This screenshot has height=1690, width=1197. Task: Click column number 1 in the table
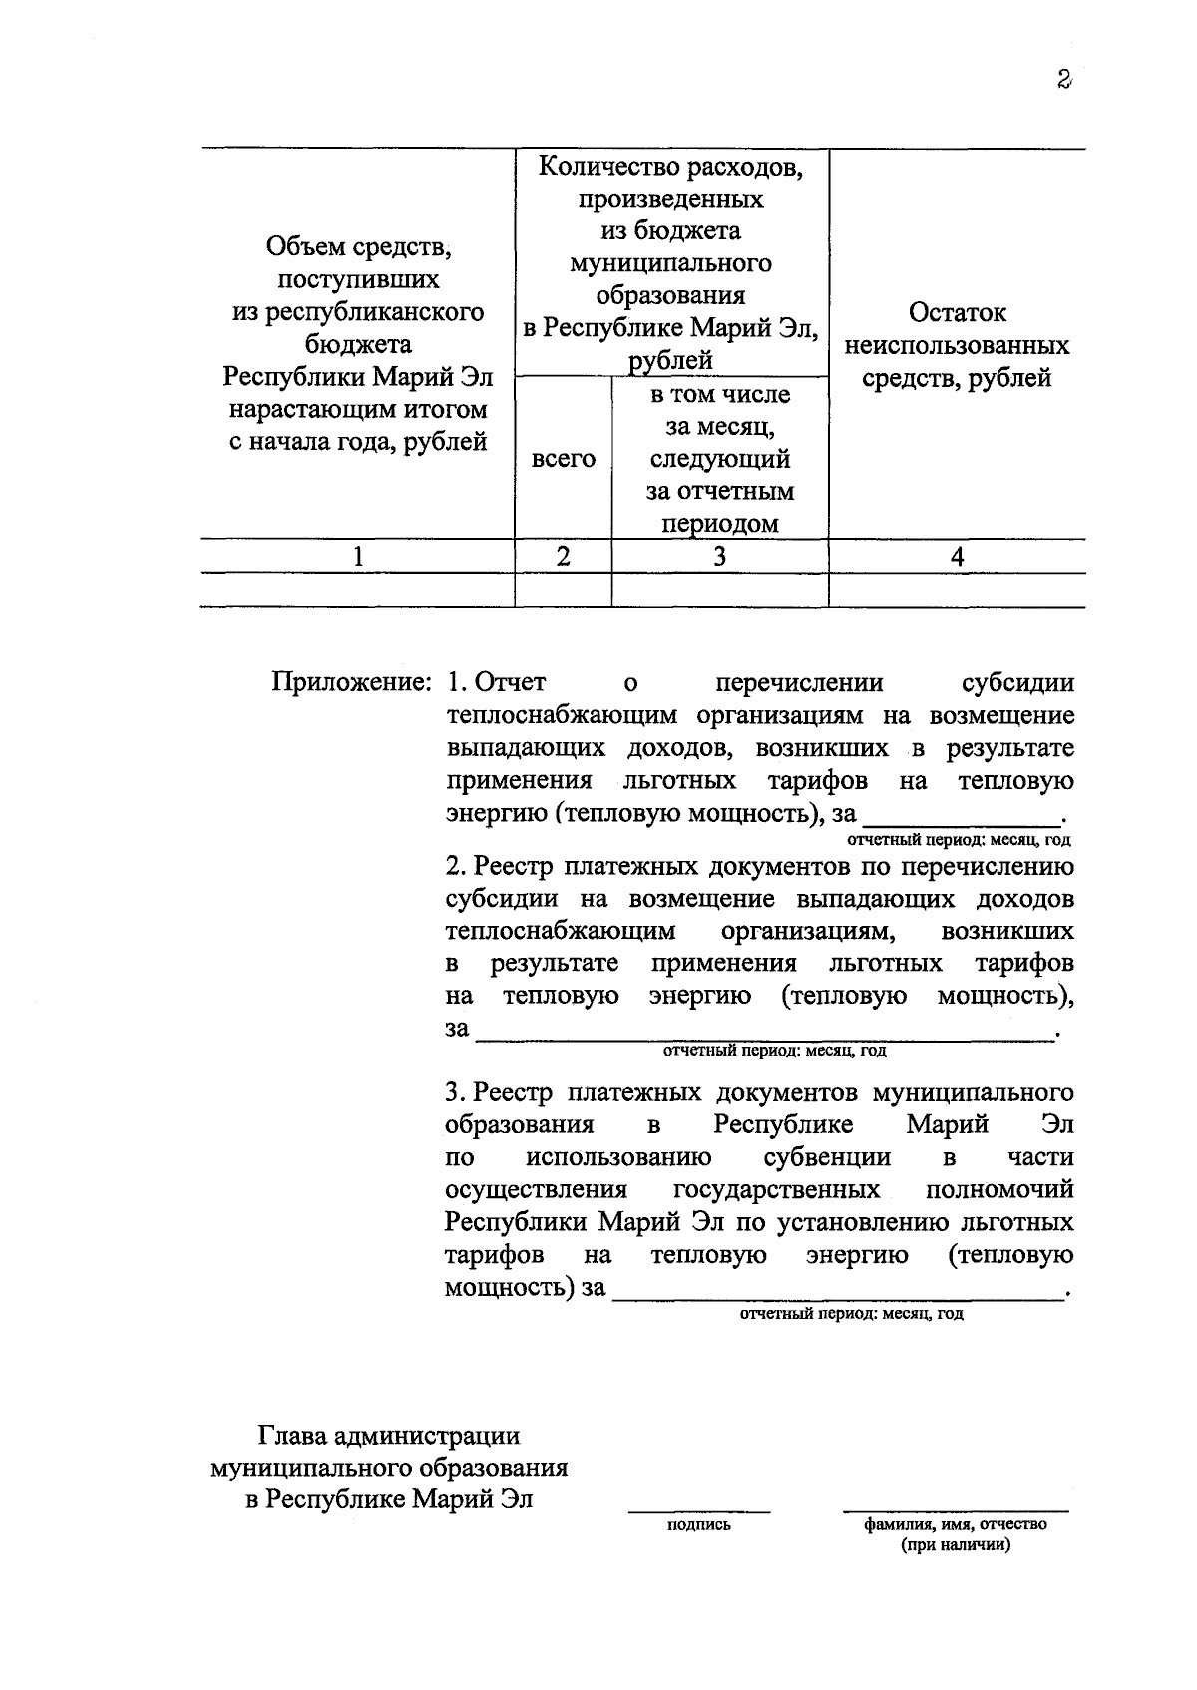click(357, 557)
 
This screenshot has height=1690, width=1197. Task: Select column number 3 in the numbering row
click(719, 557)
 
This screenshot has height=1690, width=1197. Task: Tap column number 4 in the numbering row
click(956, 557)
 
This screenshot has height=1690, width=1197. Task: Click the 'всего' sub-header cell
click(563, 459)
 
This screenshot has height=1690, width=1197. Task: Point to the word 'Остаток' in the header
click(957, 313)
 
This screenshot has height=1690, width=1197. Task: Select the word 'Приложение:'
click(351, 683)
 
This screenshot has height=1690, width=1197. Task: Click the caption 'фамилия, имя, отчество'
click(955, 1525)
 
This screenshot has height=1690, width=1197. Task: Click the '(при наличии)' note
click(955, 1546)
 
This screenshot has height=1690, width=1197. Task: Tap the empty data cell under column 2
click(563, 590)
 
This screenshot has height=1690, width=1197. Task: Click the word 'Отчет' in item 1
click(510, 683)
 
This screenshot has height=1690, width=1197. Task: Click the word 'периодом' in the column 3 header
click(719, 524)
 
